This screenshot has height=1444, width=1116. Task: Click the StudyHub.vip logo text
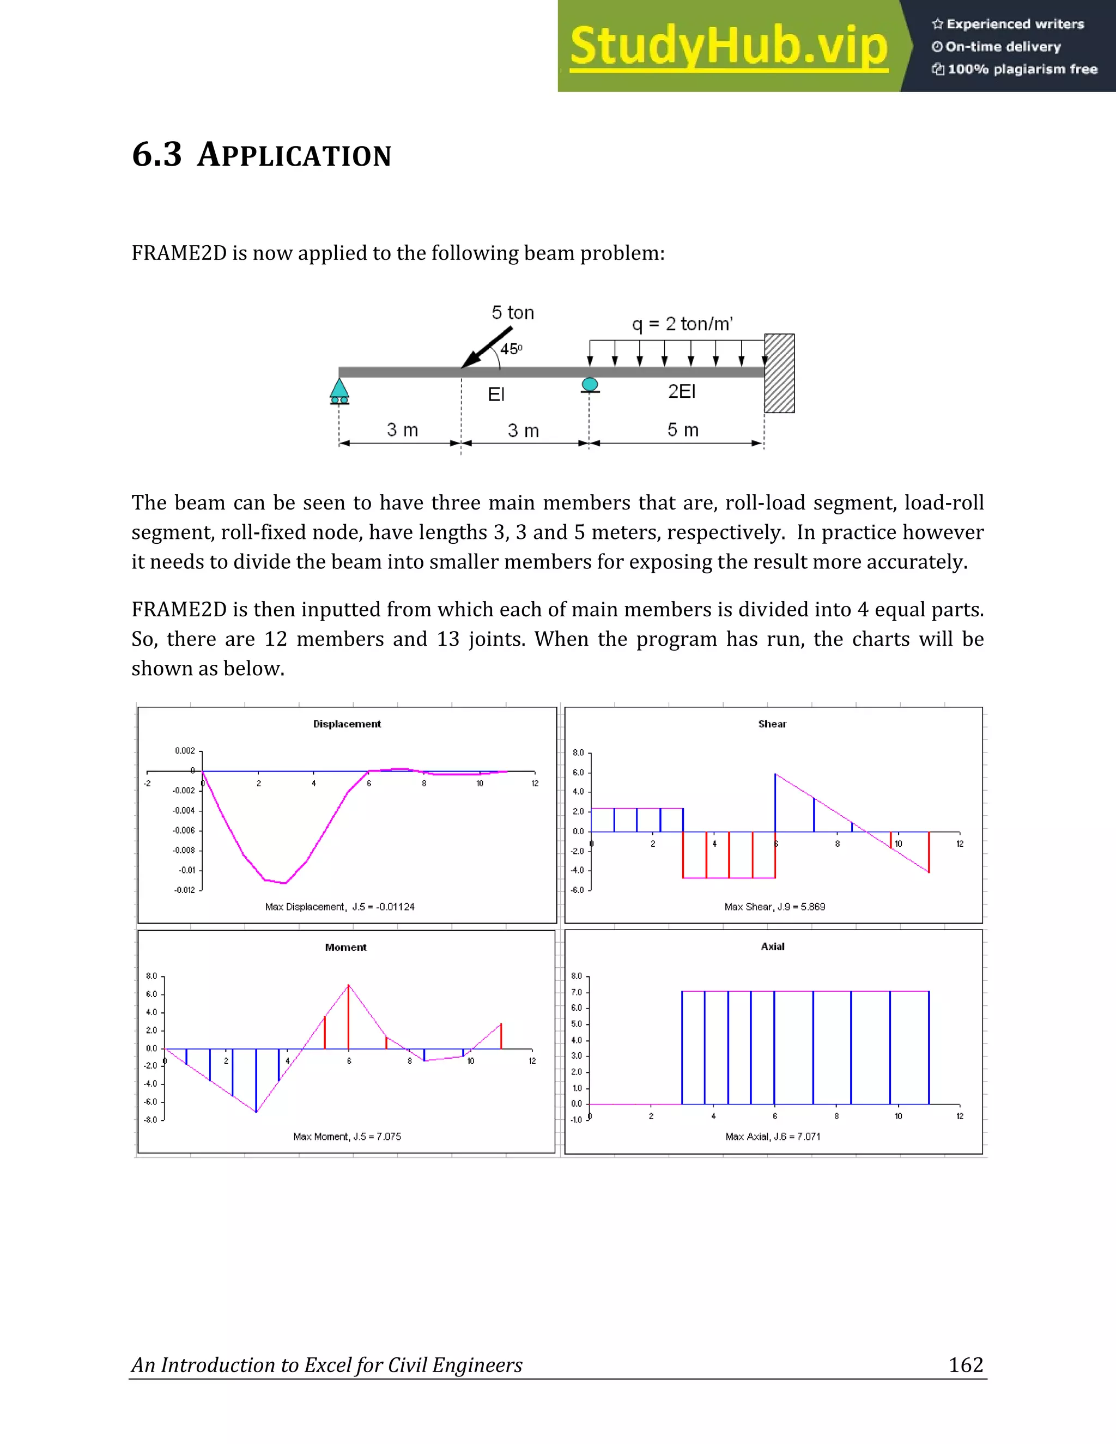click(x=728, y=46)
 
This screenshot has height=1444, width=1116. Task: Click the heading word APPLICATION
click(x=294, y=155)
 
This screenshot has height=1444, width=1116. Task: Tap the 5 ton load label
click(x=512, y=313)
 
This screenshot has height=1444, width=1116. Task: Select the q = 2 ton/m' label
click(x=682, y=324)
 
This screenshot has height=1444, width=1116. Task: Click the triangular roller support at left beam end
click(x=339, y=391)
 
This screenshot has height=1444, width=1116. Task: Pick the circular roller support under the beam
click(x=590, y=385)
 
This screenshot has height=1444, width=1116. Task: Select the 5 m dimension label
click(x=682, y=430)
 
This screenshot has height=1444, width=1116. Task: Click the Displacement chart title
click(x=347, y=724)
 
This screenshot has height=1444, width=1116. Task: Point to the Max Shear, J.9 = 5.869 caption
click(x=774, y=907)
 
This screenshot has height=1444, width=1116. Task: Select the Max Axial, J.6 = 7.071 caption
click(x=772, y=1137)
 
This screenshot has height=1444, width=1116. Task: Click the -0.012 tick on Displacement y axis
click(x=185, y=890)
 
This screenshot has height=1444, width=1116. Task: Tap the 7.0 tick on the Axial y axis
click(x=577, y=992)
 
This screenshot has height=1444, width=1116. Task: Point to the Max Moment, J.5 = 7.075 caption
click(x=347, y=1137)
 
